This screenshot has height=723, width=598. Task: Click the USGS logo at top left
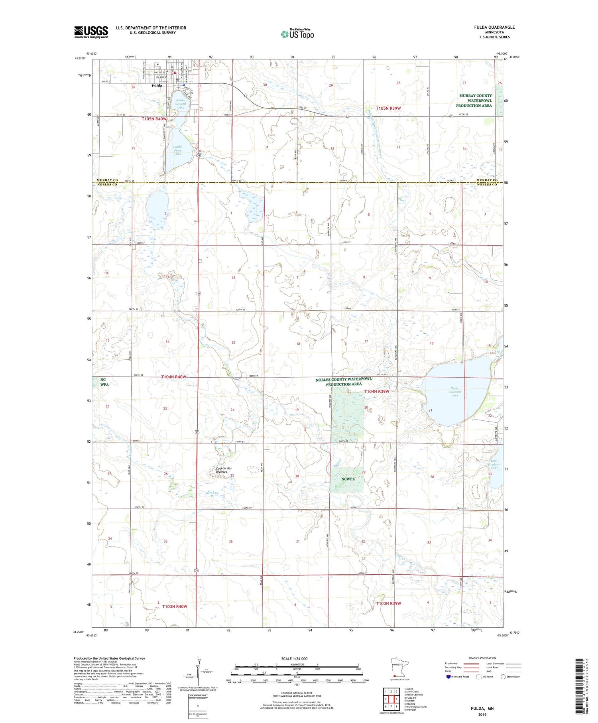click(91, 32)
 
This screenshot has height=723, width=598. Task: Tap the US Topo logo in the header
click(297, 34)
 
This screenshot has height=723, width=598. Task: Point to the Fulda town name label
click(157, 85)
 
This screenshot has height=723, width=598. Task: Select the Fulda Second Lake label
click(181, 104)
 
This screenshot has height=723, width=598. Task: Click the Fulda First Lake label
click(177, 150)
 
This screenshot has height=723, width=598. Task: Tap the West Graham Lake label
click(454, 392)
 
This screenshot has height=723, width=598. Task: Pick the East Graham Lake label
click(494, 464)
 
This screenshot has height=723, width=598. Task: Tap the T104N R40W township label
click(173, 377)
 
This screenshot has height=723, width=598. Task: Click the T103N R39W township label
click(388, 603)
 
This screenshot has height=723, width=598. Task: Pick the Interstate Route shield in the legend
click(449, 677)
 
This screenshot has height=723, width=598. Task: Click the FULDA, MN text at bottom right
click(482, 708)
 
